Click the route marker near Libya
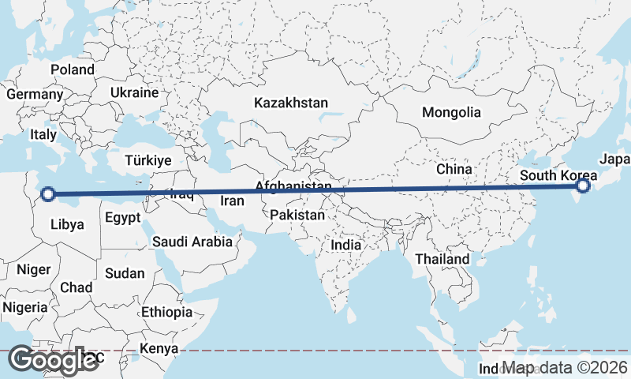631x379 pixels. pyautogui.click(x=48, y=193)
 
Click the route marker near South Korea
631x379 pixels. pyautogui.click(x=583, y=186)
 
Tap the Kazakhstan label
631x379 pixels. pyautogui.click(x=290, y=103)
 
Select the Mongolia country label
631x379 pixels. pyautogui.click(x=450, y=112)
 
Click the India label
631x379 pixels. pyautogui.click(x=345, y=245)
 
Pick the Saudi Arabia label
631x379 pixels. pyautogui.click(x=192, y=242)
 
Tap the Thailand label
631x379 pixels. pyautogui.click(x=442, y=258)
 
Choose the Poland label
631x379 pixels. pyautogui.click(x=73, y=69)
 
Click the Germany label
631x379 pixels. pyautogui.click(x=34, y=94)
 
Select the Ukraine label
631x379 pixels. pyautogui.click(x=134, y=92)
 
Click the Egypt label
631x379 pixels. pyautogui.click(x=122, y=218)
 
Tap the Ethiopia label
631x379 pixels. pyautogui.click(x=166, y=312)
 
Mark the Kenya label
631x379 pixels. pyautogui.click(x=159, y=348)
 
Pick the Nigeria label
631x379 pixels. pyautogui.click(x=24, y=306)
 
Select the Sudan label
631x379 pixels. pyautogui.click(x=125, y=273)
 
